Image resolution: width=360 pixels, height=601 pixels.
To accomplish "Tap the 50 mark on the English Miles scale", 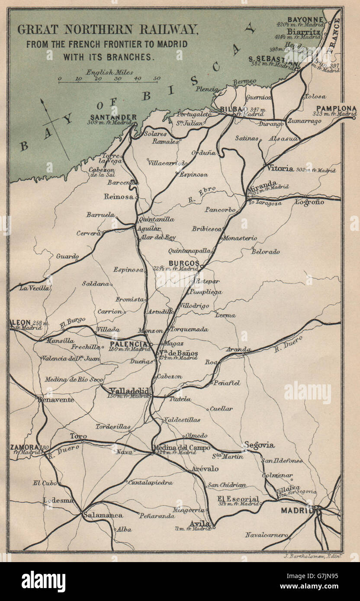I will tap(156, 79).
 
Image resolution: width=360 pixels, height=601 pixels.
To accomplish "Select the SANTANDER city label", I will tap(114, 117).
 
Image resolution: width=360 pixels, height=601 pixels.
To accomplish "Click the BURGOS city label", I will tap(184, 263).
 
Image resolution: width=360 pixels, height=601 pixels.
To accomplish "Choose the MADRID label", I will tap(297, 510).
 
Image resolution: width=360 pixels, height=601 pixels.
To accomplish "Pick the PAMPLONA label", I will tap(336, 108).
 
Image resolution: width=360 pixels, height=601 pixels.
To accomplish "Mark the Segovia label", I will tap(259, 444).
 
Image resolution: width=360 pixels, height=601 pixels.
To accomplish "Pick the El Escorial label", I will tap(238, 499).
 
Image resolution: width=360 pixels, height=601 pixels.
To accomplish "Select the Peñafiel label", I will tap(227, 383).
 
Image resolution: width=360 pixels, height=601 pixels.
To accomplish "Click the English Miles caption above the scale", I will tap(110, 72).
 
